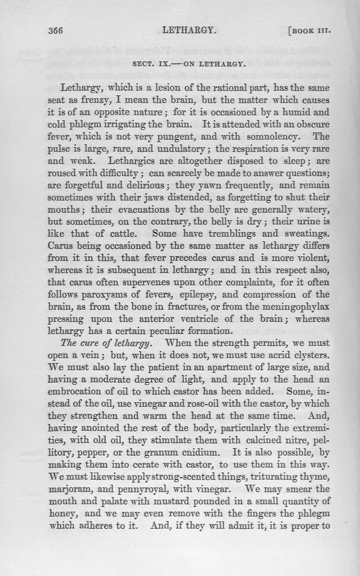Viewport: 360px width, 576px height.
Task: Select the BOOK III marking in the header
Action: coord(310,32)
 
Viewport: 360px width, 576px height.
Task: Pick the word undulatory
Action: coord(182,147)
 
